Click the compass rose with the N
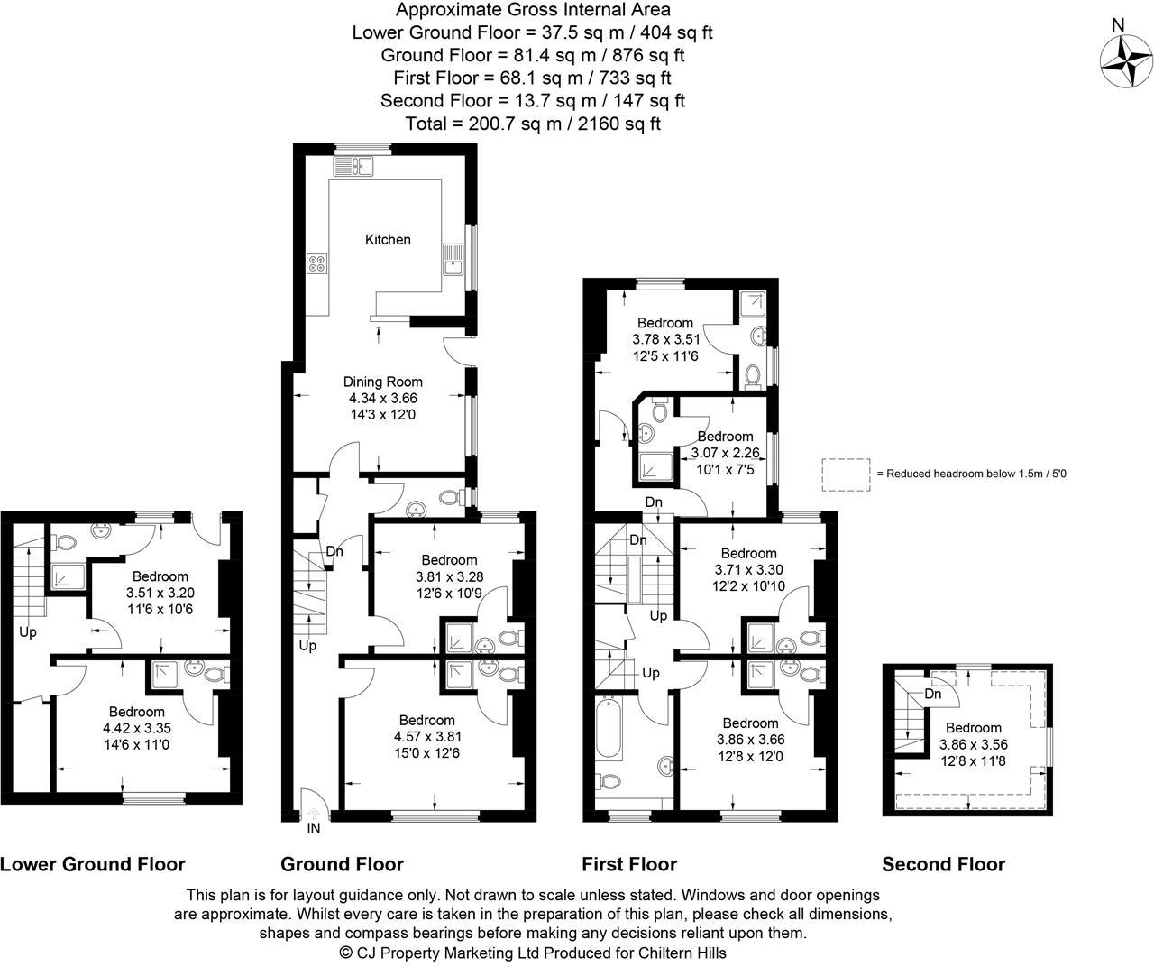click(x=1126, y=62)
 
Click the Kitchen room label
click(x=388, y=240)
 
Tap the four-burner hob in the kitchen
click(x=317, y=263)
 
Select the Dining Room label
click(x=383, y=382)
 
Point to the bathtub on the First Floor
click(x=609, y=730)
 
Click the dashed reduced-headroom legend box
click(x=846, y=474)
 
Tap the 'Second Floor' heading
click(x=943, y=864)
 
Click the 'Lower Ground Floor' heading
click(x=93, y=864)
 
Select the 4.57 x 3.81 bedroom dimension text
click(x=426, y=736)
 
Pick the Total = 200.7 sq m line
click(x=533, y=124)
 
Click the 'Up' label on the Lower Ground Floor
click(x=28, y=632)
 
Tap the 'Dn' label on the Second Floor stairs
click(x=933, y=694)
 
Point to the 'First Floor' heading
click(x=629, y=864)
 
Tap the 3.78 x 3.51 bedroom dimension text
click(x=665, y=339)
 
